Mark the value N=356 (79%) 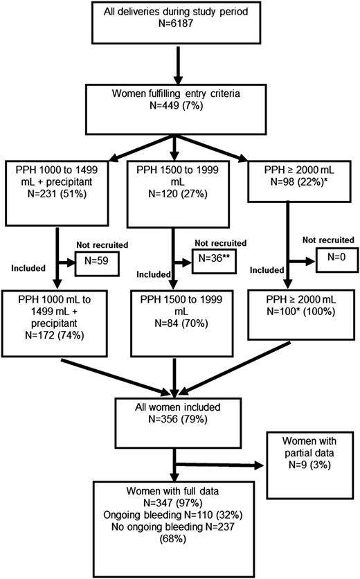tap(178, 419)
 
